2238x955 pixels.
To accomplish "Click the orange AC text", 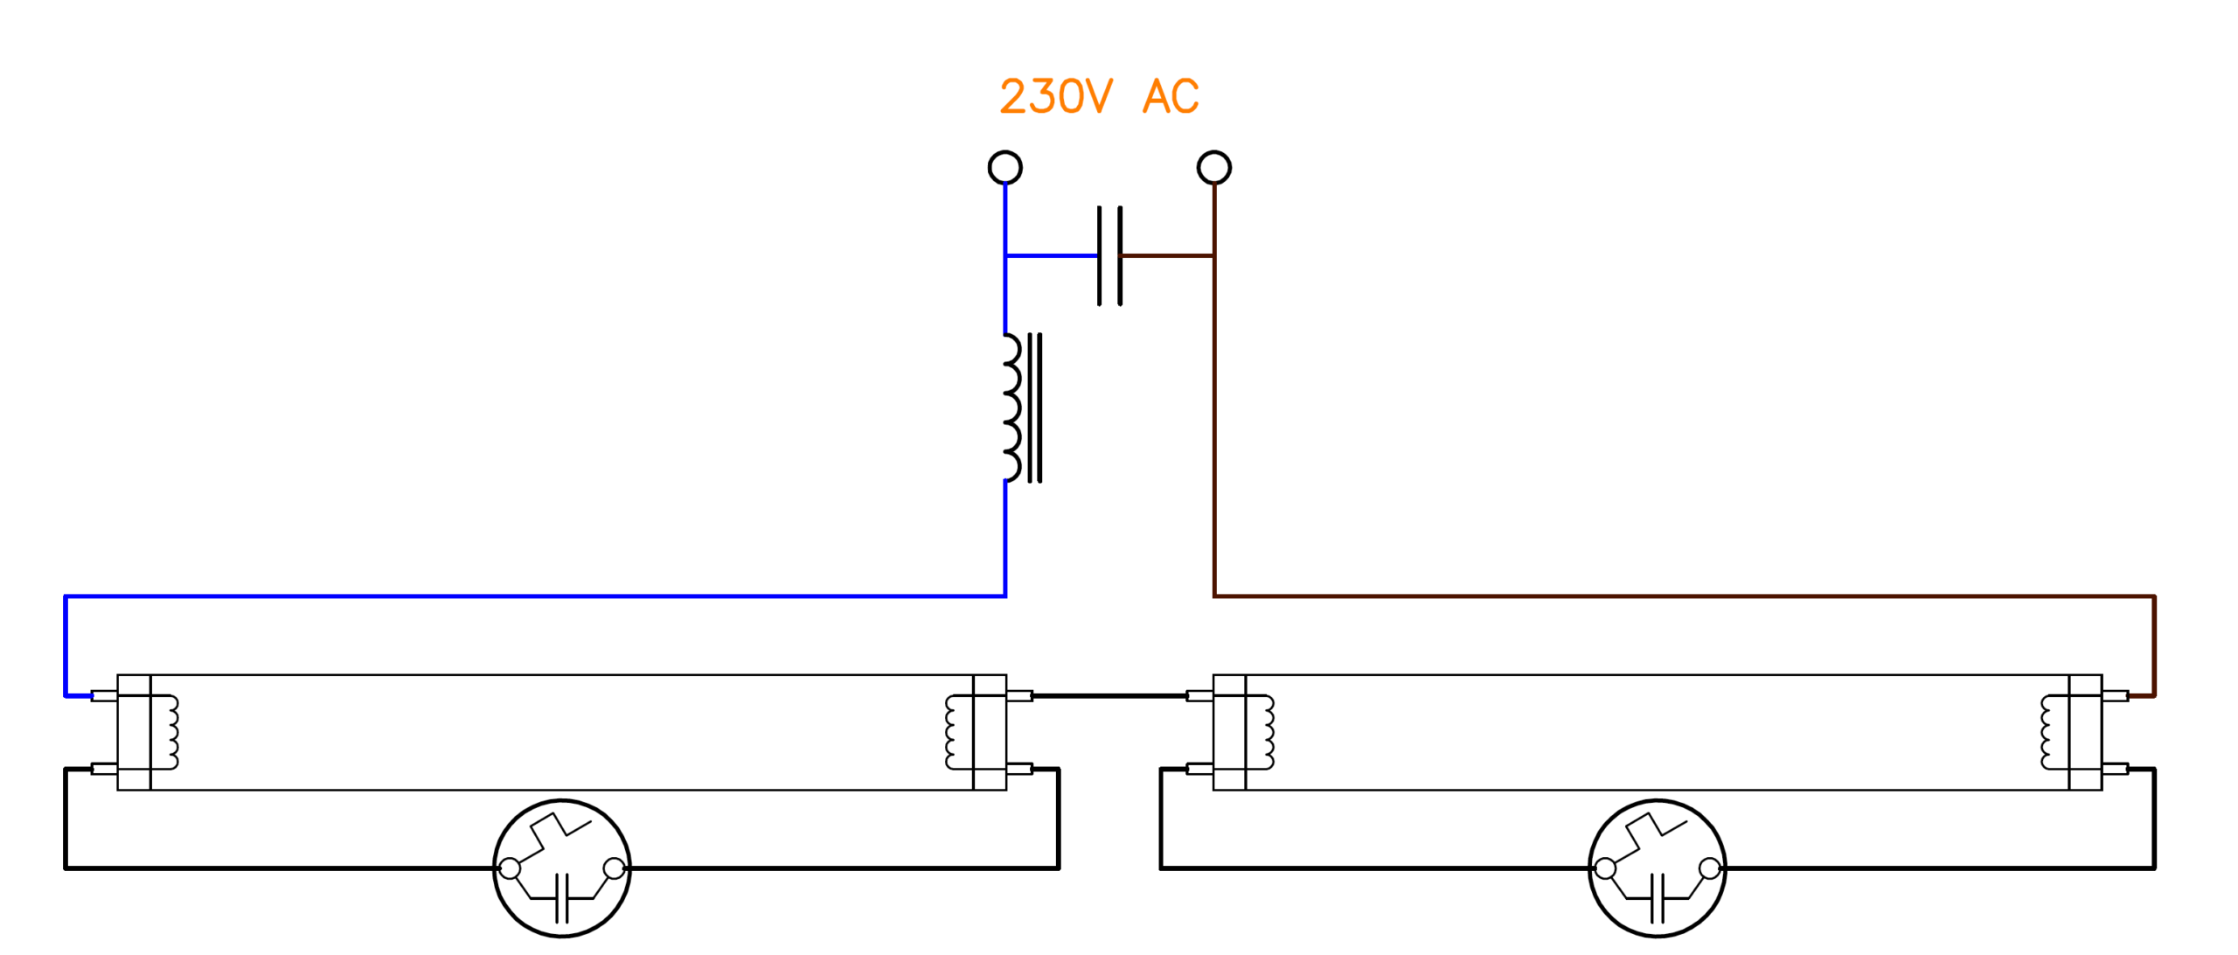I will click(x=1171, y=97).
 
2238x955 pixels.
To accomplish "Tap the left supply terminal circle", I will click(x=1004, y=167).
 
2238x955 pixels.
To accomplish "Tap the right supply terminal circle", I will click(x=1213, y=167).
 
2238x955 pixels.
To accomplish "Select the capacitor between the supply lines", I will click(x=1109, y=255).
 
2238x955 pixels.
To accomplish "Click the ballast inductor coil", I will click(x=1014, y=408).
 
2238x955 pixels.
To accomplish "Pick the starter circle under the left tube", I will click(x=561, y=868).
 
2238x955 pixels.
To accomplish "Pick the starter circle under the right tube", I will click(x=1657, y=868).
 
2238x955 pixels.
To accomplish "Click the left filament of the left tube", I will click(x=169, y=732).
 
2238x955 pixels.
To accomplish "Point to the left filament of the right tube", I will click(x=1264, y=732).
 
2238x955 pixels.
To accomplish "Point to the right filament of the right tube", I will click(x=2050, y=732).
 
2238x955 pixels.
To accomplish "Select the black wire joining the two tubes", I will click(x=1109, y=696).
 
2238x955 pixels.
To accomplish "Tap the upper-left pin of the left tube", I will click(x=104, y=696).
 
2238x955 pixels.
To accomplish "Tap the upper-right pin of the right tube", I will click(x=2115, y=696).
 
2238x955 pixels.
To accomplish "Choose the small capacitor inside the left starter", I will click(x=561, y=897).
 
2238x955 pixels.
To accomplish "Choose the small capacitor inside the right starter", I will click(x=1657, y=897).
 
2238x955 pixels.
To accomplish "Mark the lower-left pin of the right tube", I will click(x=1199, y=769).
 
